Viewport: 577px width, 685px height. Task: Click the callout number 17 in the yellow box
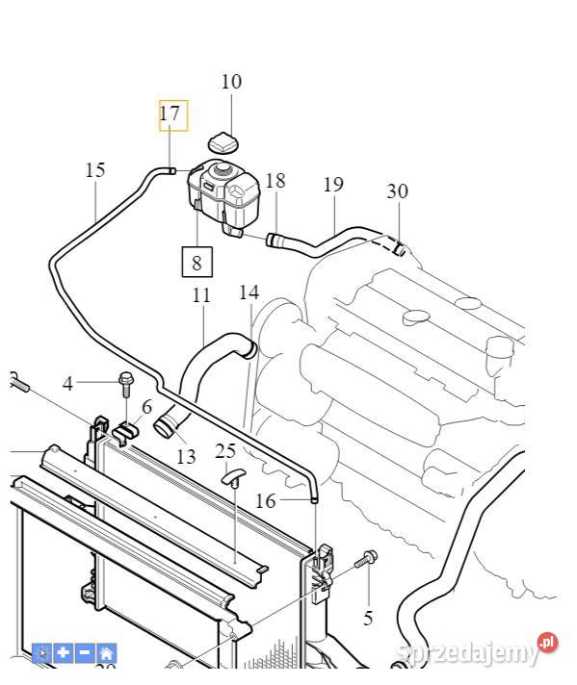click(170, 114)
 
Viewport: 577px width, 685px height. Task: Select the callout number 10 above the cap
click(231, 82)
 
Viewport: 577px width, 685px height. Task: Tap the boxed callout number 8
click(197, 263)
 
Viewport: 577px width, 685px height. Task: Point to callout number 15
click(95, 170)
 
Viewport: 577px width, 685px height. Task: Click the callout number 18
click(275, 181)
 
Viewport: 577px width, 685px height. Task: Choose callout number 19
click(333, 185)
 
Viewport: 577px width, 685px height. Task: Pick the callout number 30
click(397, 191)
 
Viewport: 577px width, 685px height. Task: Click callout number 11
click(201, 295)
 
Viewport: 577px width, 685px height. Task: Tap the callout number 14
click(249, 292)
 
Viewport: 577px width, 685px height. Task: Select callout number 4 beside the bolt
click(67, 384)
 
